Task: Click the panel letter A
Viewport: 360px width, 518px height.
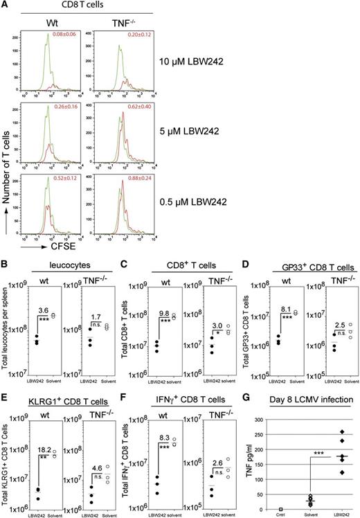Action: click(x=6, y=6)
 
